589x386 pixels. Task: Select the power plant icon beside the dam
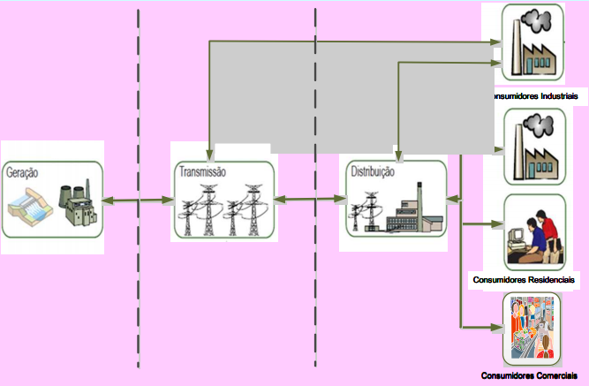point(76,206)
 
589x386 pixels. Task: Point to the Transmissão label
point(202,172)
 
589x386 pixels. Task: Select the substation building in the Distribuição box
point(412,212)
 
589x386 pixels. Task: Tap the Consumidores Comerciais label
point(530,376)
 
